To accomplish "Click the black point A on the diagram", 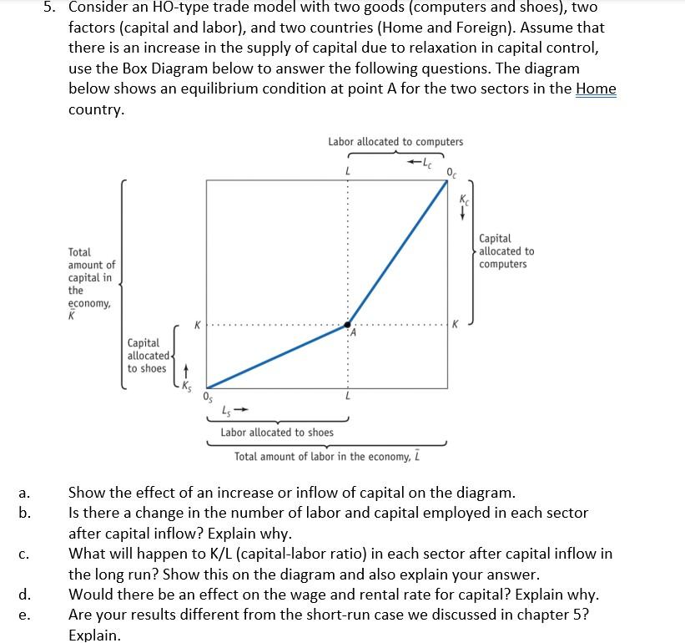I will [349, 325].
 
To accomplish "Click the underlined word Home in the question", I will [596, 89].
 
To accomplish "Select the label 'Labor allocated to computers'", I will [395, 142].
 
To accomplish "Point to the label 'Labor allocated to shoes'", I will [277, 433].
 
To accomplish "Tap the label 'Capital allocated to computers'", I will [506, 251].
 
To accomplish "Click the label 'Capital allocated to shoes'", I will [146, 356].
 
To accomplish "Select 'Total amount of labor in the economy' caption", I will [325, 457].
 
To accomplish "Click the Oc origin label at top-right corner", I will [451, 173].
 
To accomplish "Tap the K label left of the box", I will [198, 324].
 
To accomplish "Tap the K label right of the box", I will [454, 324].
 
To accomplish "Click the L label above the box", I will [347, 172].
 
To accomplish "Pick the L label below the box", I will [347, 396].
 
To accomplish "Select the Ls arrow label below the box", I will [234, 410].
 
